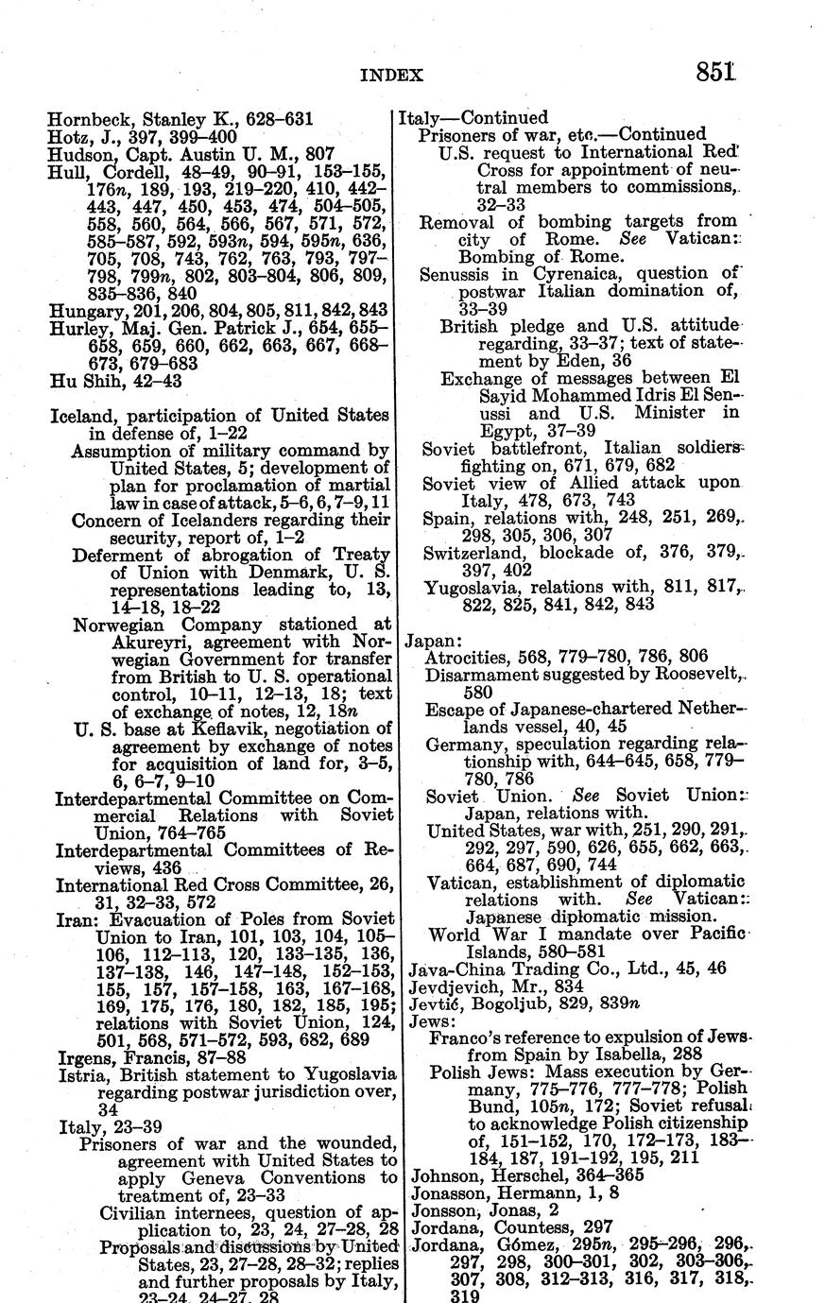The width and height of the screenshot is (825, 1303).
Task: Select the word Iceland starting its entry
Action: (x=79, y=415)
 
